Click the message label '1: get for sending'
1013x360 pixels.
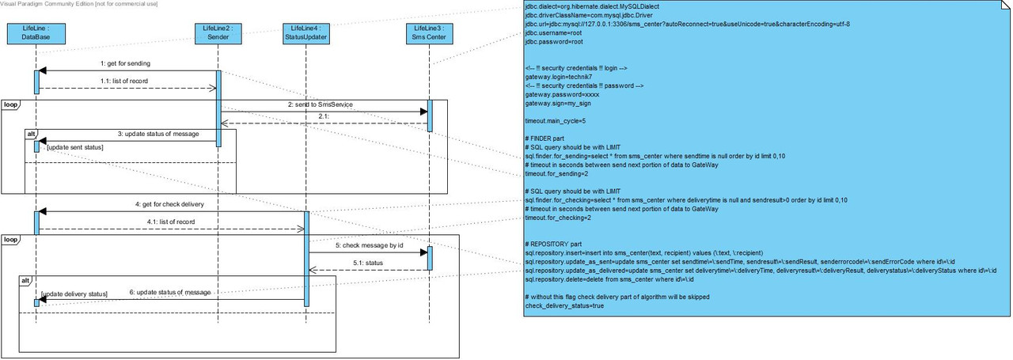click(125, 63)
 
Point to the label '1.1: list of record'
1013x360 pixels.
click(124, 81)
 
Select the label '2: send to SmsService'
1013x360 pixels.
click(321, 104)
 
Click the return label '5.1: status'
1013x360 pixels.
click(367, 263)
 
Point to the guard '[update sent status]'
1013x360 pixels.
click(75, 148)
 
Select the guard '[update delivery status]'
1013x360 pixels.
click(74, 294)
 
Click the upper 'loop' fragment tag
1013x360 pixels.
click(10, 104)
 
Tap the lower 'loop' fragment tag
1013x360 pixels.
click(10, 239)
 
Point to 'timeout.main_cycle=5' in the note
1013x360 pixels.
click(555, 121)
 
